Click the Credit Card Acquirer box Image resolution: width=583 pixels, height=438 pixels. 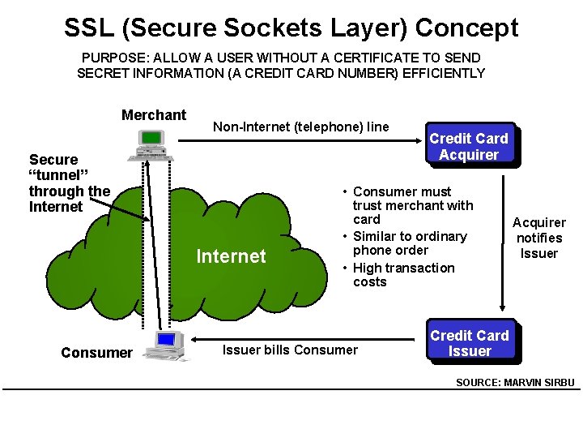468,146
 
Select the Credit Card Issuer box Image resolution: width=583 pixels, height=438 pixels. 469,343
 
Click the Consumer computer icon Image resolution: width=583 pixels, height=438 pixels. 167,346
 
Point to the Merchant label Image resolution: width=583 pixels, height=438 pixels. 154,115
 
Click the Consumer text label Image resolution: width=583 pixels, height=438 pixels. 96,353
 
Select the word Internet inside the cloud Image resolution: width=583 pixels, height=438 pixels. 231,256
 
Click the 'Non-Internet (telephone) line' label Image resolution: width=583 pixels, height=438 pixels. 300,127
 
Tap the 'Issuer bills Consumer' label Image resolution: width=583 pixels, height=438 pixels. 290,350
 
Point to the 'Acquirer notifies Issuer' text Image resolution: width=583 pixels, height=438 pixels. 539,238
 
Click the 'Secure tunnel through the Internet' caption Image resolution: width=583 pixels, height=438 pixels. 69,183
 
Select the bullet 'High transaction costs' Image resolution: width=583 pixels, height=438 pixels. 403,275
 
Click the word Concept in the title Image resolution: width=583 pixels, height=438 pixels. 466,28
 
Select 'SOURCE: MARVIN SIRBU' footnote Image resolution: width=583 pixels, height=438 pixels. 516,382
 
